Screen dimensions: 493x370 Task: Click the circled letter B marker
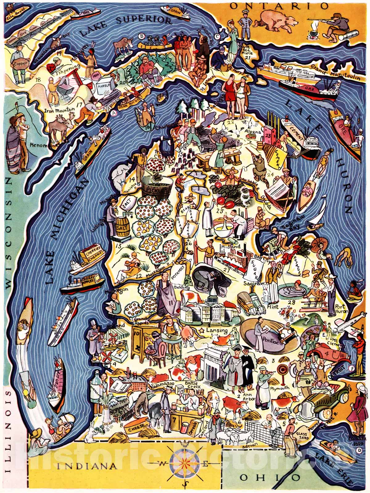(x=142, y=36)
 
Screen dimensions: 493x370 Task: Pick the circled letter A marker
(x=113, y=113)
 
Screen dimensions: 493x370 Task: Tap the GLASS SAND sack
(x=302, y=434)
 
